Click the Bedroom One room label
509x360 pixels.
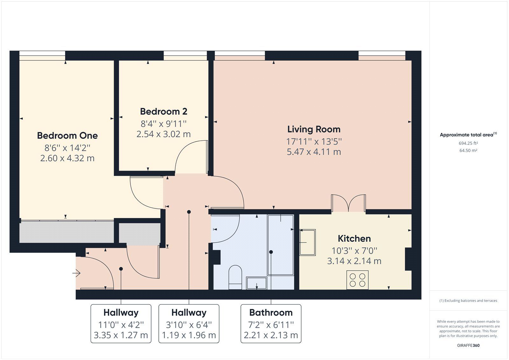pos(67,136)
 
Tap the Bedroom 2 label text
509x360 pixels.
pos(164,111)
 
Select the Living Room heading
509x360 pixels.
pos(314,129)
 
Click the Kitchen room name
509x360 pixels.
pos(354,238)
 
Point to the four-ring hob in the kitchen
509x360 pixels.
pos(357,280)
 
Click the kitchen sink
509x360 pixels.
pos(307,242)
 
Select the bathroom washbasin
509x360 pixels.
pos(256,283)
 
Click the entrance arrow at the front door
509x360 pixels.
pos(77,273)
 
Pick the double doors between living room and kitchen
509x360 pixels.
pos(348,203)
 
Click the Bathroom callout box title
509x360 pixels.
pos(271,313)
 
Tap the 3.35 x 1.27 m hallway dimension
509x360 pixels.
pos(121,335)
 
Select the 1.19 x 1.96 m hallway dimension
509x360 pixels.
pos(189,335)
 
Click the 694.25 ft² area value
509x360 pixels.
pos(468,143)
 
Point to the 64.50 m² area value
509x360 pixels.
pos(468,151)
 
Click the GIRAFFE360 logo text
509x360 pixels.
pos(468,345)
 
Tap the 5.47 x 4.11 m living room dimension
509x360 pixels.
pos(314,152)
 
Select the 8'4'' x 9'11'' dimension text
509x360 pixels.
pos(164,124)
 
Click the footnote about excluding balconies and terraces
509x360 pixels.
pos(468,300)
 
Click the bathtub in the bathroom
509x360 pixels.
pos(280,245)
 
